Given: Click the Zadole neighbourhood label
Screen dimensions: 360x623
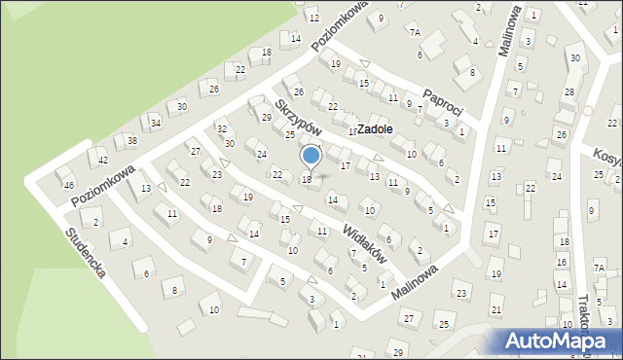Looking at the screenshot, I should [375, 128].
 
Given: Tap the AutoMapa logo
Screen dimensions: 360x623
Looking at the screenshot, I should [559, 342].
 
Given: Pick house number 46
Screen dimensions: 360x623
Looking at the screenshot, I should [68, 185].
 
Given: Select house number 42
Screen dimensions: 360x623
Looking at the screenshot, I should [103, 160].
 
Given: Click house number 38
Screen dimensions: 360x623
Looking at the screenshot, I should [132, 141].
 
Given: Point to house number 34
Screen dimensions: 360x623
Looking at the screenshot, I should [156, 124].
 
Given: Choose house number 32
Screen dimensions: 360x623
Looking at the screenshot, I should [222, 129].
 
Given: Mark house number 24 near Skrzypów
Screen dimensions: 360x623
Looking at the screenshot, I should [261, 154].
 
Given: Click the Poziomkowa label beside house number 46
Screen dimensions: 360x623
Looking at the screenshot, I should [103, 184].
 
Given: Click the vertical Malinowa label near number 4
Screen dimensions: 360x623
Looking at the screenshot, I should [506, 31].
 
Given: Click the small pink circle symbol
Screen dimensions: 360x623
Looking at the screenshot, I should [588, 110].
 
